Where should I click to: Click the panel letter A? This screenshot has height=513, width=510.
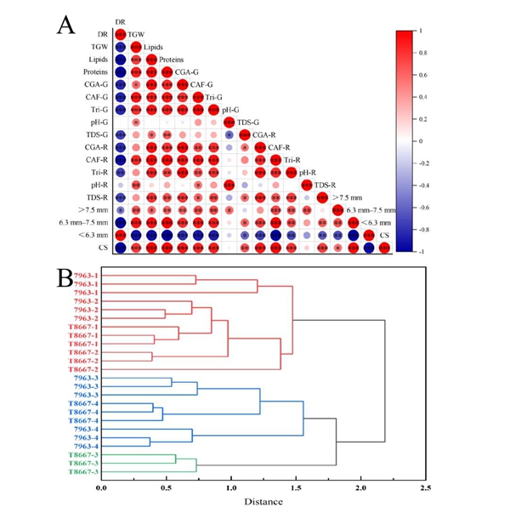(x=66, y=26)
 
